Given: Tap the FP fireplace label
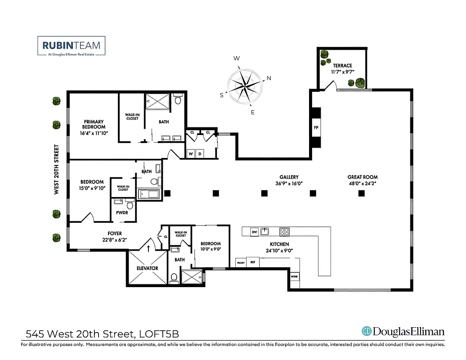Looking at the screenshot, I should coord(316,128).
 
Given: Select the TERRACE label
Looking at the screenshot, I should coord(342,66).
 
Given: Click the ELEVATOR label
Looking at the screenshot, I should coord(148,269).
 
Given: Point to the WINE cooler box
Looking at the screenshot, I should coord(295,276).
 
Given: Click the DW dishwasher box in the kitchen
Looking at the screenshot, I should coord(254,232).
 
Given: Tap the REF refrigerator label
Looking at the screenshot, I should coord(253,261).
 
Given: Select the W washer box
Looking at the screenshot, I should coord(191,154).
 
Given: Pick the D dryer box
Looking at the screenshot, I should coord(200,154).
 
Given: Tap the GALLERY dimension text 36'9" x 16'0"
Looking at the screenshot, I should coord(289,183).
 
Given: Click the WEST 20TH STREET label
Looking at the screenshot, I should coord(57,169).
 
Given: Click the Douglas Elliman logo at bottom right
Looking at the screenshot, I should coord(403,332).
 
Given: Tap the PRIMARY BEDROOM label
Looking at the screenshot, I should coord(94,124).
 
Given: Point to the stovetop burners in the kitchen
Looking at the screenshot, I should coord(284,232).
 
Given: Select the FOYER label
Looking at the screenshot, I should coord(115,234).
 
